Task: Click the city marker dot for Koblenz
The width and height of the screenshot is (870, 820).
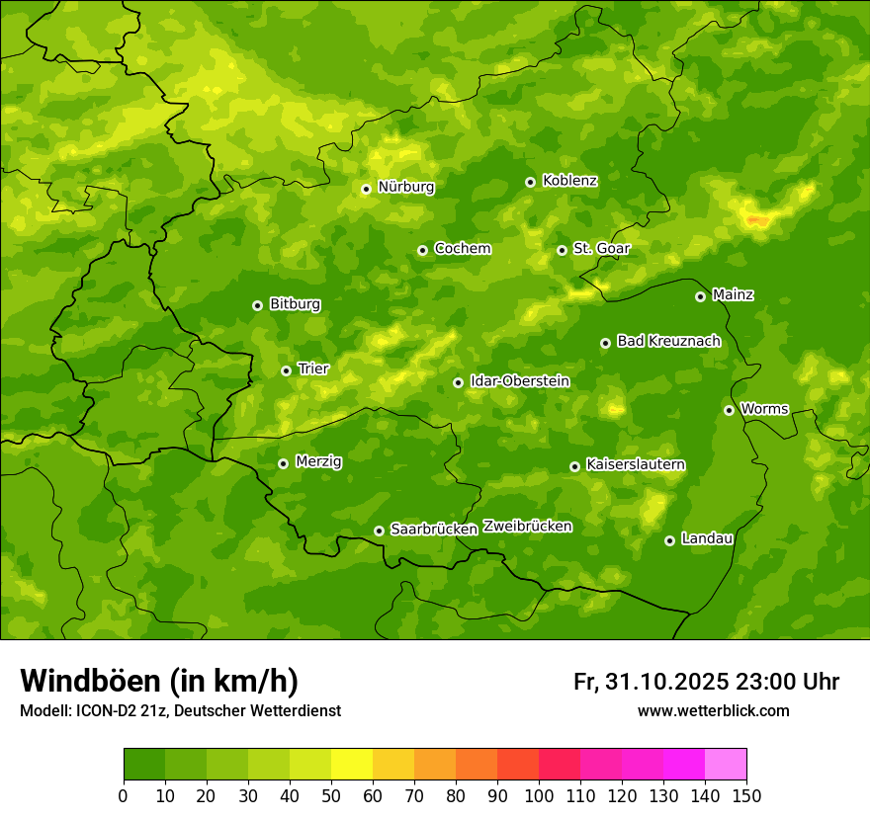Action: pyautogui.click(x=530, y=182)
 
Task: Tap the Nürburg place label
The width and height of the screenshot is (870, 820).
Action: pyautogui.click(x=405, y=187)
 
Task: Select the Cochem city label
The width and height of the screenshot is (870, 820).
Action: pyautogui.click(x=462, y=248)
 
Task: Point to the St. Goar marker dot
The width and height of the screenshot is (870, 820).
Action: pyautogui.click(x=562, y=250)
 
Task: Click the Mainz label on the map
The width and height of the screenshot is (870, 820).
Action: pyautogui.click(x=733, y=294)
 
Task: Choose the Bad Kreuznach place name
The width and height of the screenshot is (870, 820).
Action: pyautogui.click(x=668, y=341)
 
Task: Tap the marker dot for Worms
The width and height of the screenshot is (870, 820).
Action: pyautogui.click(x=729, y=410)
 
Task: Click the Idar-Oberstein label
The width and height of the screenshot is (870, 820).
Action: pyautogui.click(x=519, y=380)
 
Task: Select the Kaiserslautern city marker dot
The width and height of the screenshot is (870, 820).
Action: pyautogui.click(x=574, y=466)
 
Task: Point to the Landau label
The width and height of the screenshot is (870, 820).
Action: pyautogui.click(x=707, y=538)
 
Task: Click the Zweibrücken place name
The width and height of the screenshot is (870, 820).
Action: pyautogui.click(x=527, y=527)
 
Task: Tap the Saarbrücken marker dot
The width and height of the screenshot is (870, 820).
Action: pyautogui.click(x=379, y=531)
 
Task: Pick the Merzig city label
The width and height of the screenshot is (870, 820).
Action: pyautogui.click(x=318, y=461)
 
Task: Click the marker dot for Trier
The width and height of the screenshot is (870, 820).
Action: pyautogui.click(x=286, y=370)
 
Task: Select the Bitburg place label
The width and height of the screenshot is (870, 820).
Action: pyautogui.click(x=295, y=304)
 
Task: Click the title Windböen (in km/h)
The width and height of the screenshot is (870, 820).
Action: pyautogui.click(x=158, y=681)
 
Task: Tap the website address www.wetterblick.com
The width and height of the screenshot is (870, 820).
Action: pyautogui.click(x=713, y=710)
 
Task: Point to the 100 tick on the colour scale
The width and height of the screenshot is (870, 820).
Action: pyautogui.click(x=539, y=795)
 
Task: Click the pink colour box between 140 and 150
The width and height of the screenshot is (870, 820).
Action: pyautogui.click(x=726, y=765)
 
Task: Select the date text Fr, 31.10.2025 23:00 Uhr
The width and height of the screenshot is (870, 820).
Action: pyautogui.click(x=706, y=682)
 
